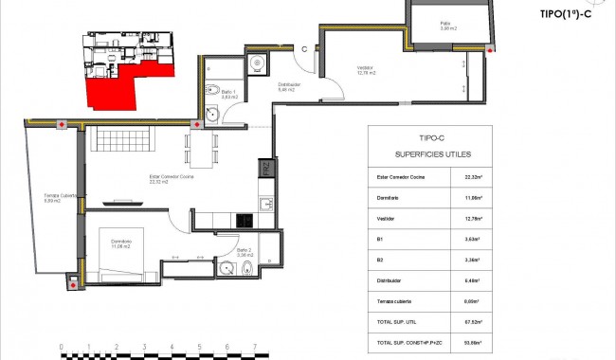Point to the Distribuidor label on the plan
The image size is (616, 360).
pos(289,88)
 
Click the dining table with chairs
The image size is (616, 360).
pos(202,147)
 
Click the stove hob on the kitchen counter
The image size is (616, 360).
pos(244,221)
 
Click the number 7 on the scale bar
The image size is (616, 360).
pos(255,348)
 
